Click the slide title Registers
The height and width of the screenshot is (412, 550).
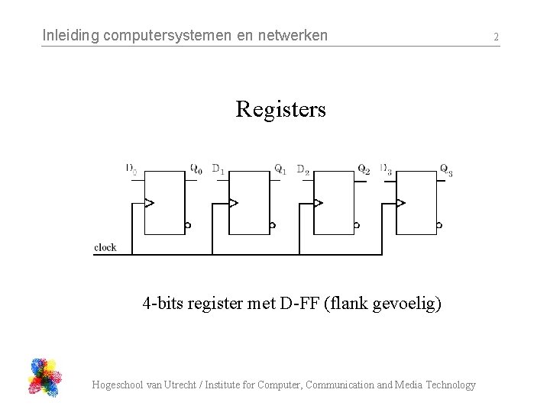[280, 110]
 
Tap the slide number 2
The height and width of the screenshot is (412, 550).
[496, 37]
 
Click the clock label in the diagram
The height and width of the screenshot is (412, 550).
[105, 247]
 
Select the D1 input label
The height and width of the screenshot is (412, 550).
[218, 169]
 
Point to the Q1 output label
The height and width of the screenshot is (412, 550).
[280, 169]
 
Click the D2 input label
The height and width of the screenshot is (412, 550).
[303, 169]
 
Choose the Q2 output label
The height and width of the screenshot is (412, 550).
[364, 169]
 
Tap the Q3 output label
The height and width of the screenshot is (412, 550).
[446, 169]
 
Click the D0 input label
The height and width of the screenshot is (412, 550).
[131, 169]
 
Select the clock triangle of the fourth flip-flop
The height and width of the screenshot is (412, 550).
[400, 203]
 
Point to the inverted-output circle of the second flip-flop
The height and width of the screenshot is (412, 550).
[273, 226]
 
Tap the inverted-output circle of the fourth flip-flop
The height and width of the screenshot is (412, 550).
[439, 226]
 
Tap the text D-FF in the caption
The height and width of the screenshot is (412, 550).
[300, 304]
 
